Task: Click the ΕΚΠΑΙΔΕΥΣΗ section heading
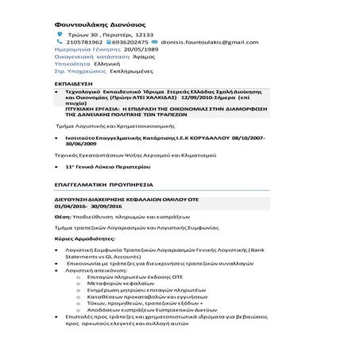(x=74, y=83)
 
